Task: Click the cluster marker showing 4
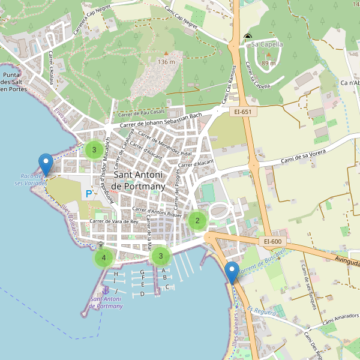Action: point(104,258)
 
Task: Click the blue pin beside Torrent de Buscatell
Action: point(232,273)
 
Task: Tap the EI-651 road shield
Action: point(243,111)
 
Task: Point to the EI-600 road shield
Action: point(272,241)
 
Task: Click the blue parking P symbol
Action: point(89,194)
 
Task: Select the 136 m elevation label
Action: point(166,62)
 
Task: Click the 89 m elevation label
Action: point(269,63)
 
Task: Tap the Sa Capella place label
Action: point(266,44)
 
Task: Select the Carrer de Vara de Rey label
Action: point(113,221)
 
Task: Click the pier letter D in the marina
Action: point(142,294)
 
